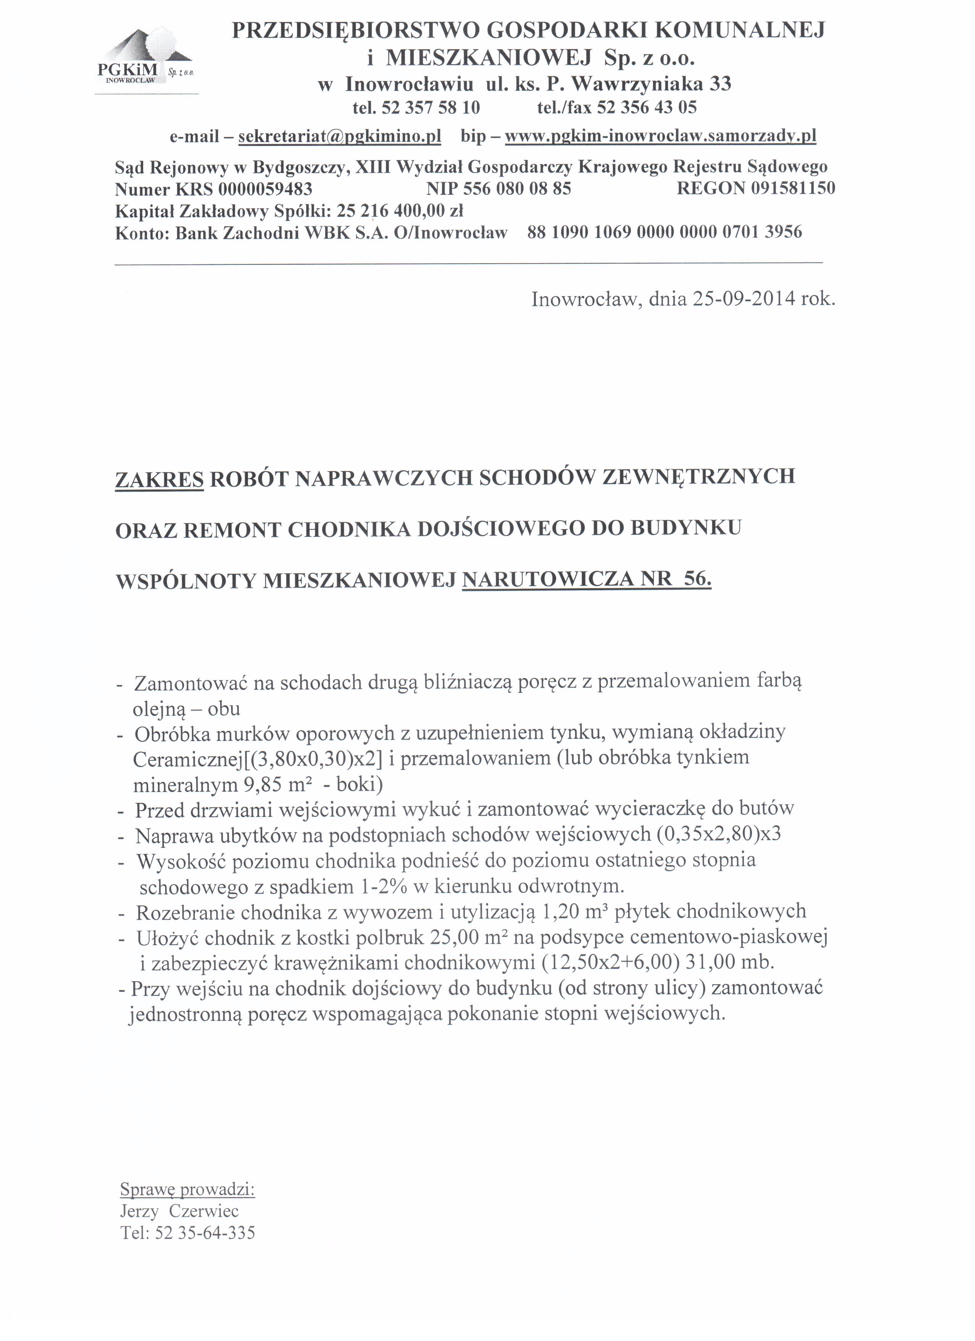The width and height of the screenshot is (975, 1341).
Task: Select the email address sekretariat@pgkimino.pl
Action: tap(339, 137)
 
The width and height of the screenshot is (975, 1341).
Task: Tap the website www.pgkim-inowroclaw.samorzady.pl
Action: tap(661, 137)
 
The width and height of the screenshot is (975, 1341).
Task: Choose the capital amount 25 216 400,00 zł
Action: tap(400, 211)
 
